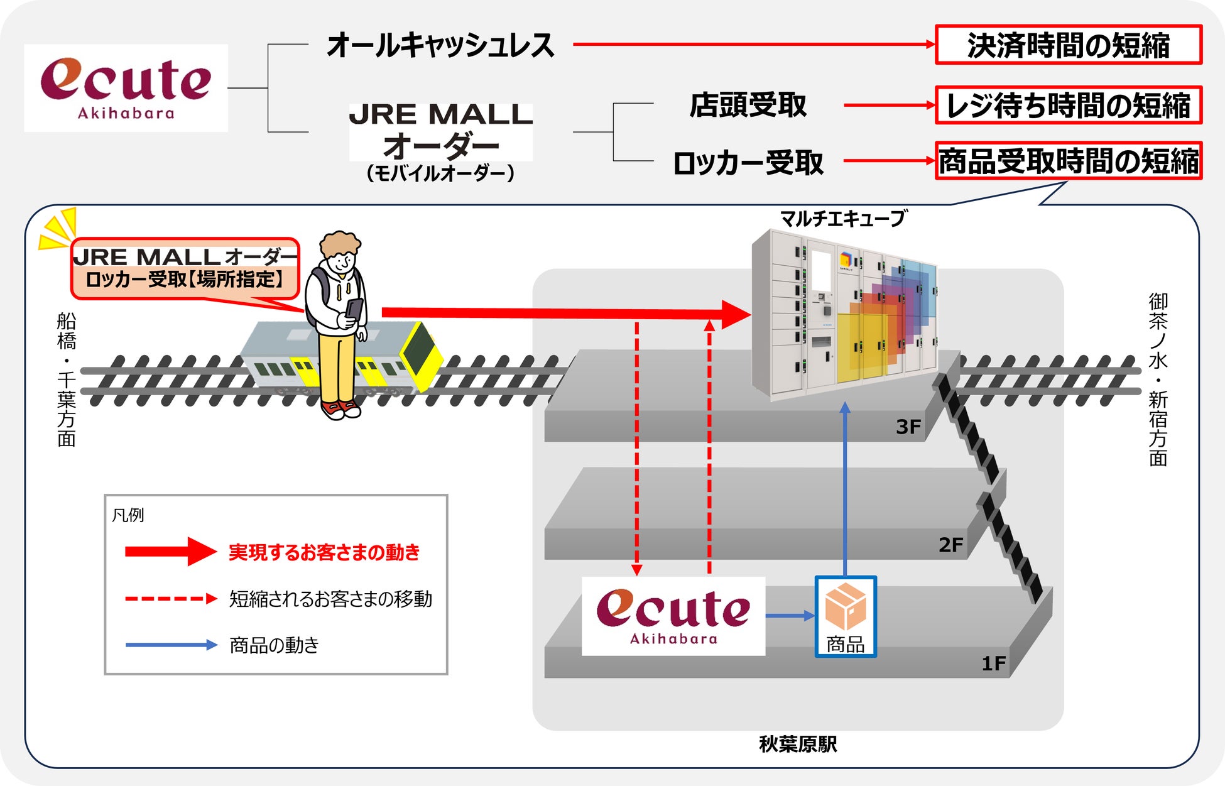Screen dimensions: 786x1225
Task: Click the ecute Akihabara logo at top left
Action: point(126,87)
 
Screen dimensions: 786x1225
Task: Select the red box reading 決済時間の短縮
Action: point(1068,45)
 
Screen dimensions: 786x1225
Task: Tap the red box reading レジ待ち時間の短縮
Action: point(1068,105)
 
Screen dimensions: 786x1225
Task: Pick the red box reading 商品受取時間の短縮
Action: point(1068,161)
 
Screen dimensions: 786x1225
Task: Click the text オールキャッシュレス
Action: point(440,45)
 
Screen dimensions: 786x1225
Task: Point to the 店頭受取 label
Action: point(748,105)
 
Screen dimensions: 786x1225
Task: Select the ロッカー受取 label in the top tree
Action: point(748,163)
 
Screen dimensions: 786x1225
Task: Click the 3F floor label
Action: point(908,427)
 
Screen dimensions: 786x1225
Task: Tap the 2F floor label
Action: point(950,544)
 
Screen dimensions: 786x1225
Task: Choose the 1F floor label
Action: point(993,663)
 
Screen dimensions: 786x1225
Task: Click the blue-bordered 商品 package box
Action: point(846,616)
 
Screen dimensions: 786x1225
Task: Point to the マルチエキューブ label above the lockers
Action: point(843,219)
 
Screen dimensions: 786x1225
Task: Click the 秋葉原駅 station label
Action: point(798,745)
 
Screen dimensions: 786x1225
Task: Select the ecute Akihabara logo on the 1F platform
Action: point(673,616)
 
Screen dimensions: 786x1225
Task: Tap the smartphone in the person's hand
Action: point(354,308)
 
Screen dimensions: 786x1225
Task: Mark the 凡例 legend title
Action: point(128,515)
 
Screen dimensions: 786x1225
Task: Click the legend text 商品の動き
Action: point(274,645)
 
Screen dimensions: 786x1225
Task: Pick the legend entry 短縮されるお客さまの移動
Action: point(330,599)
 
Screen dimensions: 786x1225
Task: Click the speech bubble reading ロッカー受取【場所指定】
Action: point(185,268)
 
